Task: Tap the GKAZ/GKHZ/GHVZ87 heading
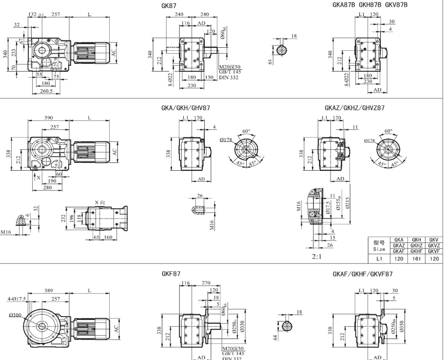[x=354, y=107]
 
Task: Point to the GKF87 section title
[x=171, y=275]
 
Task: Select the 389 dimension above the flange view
[x=49, y=291]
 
